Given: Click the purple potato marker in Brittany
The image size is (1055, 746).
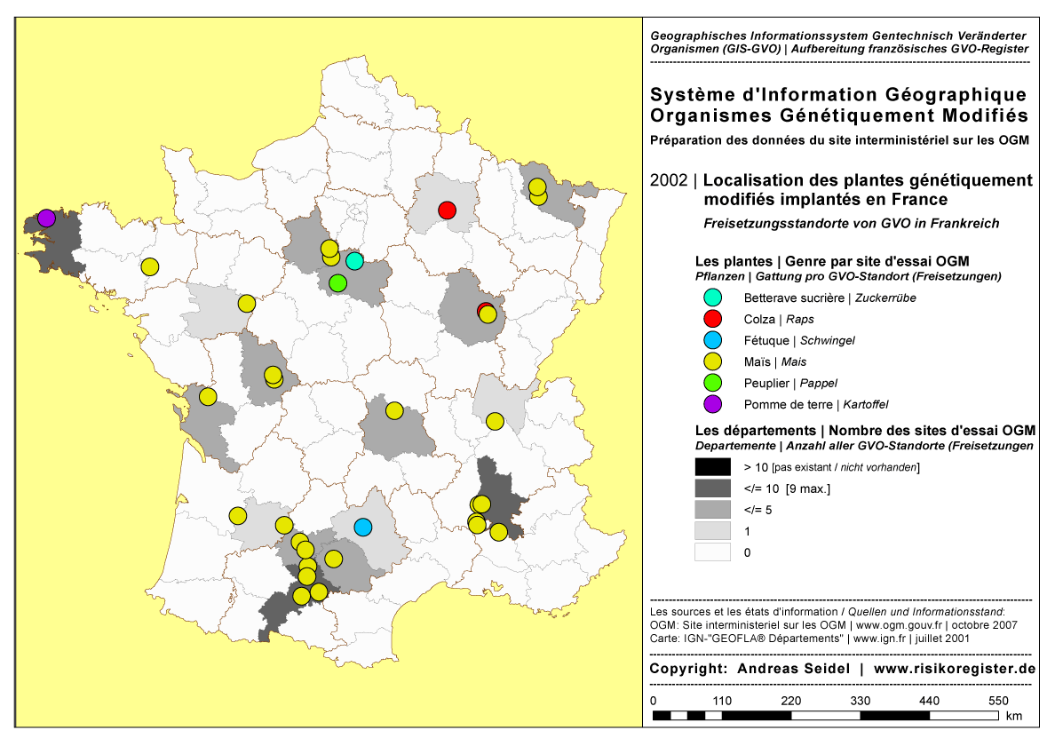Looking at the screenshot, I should pyautogui.click(x=46, y=218).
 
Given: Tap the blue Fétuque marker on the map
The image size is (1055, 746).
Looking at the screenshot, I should pyautogui.click(x=362, y=527).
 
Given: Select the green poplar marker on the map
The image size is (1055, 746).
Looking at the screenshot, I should pyautogui.click(x=337, y=283).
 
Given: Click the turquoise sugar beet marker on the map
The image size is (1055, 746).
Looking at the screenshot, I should pyautogui.click(x=354, y=260).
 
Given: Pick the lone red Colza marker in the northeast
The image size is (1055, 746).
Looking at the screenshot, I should pyautogui.click(x=447, y=210).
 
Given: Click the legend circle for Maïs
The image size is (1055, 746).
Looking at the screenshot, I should pyautogui.click(x=712, y=361).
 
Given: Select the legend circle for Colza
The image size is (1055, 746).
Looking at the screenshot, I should pyautogui.click(x=712, y=319).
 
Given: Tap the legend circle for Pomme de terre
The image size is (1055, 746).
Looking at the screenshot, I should pyautogui.click(x=712, y=404).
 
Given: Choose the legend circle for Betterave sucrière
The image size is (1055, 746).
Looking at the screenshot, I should pyautogui.click(x=712, y=298).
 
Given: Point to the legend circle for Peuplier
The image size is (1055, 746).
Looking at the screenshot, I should pyautogui.click(x=712, y=383).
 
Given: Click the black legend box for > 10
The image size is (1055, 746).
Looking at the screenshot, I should pyautogui.click(x=712, y=467).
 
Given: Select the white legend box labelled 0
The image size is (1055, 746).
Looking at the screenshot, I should pyautogui.click(x=712, y=552).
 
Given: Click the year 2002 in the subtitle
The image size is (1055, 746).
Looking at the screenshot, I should pyautogui.click(x=669, y=181).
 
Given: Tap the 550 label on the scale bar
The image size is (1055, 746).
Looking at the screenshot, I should pyautogui.click(x=999, y=701).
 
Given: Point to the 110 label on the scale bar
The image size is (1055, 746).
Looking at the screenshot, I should pyautogui.click(x=722, y=701).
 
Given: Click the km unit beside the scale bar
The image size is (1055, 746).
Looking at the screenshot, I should pyautogui.click(x=1015, y=716).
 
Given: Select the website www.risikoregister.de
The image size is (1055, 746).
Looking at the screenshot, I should pyautogui.click(x=955, y=668).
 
